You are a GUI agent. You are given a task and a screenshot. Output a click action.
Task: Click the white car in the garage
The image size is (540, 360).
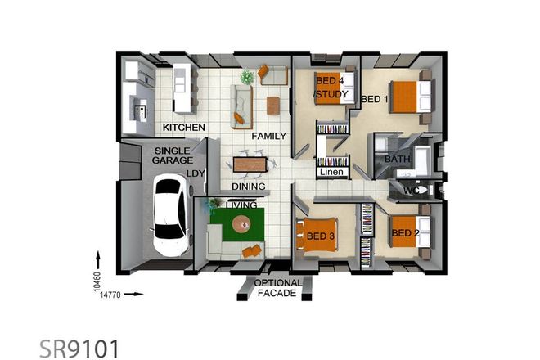171,209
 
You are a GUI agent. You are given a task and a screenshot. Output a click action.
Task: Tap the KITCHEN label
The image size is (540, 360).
183,128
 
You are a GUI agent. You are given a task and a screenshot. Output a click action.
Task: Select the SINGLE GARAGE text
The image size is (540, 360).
172,156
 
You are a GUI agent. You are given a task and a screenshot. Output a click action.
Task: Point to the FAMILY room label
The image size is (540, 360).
268,135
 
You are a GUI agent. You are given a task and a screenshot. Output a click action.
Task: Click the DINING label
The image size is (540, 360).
247,187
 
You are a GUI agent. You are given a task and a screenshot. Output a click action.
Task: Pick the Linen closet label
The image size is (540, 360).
331,173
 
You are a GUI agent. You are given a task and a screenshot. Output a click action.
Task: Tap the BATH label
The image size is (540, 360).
397,159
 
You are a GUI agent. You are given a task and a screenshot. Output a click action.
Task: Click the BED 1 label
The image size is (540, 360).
375,100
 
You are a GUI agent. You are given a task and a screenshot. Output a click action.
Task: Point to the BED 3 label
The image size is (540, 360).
321,236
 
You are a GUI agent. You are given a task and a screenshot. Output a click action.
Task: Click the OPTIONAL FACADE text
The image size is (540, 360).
278,288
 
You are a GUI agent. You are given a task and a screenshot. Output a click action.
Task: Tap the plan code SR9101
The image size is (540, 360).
79,348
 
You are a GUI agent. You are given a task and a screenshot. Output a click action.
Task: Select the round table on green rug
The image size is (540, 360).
241,223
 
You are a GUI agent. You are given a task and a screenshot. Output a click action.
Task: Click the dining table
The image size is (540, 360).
250,164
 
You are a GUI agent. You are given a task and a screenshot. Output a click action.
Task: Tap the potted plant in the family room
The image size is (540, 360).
246,77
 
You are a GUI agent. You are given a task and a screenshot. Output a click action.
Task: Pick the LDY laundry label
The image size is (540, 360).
196,173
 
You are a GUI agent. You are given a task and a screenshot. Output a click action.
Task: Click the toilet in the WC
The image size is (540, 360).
421,190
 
